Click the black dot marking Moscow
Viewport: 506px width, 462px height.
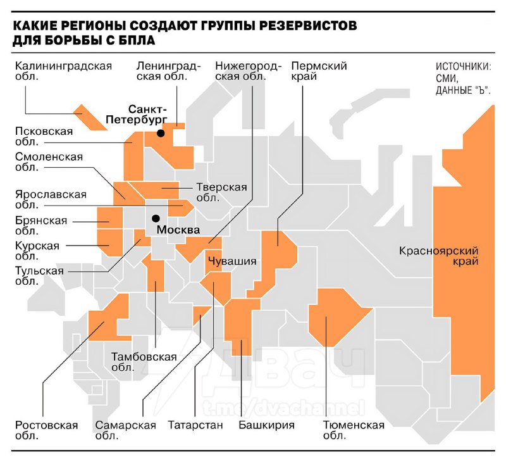[147, 218]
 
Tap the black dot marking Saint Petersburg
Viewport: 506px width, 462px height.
[161, 134]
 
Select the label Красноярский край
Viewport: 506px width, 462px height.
[438, 256]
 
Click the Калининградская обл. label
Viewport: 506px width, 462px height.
[63, 71]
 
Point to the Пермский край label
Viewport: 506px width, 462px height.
[319, 71]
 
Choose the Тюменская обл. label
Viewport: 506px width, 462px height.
[354, 430]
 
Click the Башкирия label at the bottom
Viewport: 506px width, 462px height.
[266, 425]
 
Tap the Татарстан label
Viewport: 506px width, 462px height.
[195, 425]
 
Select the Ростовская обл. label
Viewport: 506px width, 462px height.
[46, 430]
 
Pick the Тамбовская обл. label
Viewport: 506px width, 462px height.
[144, 362]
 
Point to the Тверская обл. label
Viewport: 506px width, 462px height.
[221, 192]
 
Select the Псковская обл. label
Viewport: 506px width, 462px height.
[44, 137]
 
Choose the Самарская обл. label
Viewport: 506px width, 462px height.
[125, 430]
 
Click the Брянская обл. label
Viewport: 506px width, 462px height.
[40, 225]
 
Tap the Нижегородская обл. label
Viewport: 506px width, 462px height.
[240, 71]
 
